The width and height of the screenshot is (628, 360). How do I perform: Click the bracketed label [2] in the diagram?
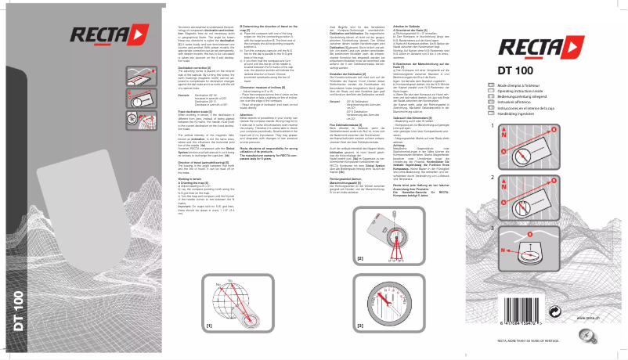click(x=360, y=257)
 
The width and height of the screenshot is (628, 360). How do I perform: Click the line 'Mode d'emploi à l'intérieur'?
click(x=539, y=106)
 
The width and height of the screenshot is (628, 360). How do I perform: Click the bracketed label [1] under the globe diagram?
click(x=208, y=323)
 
